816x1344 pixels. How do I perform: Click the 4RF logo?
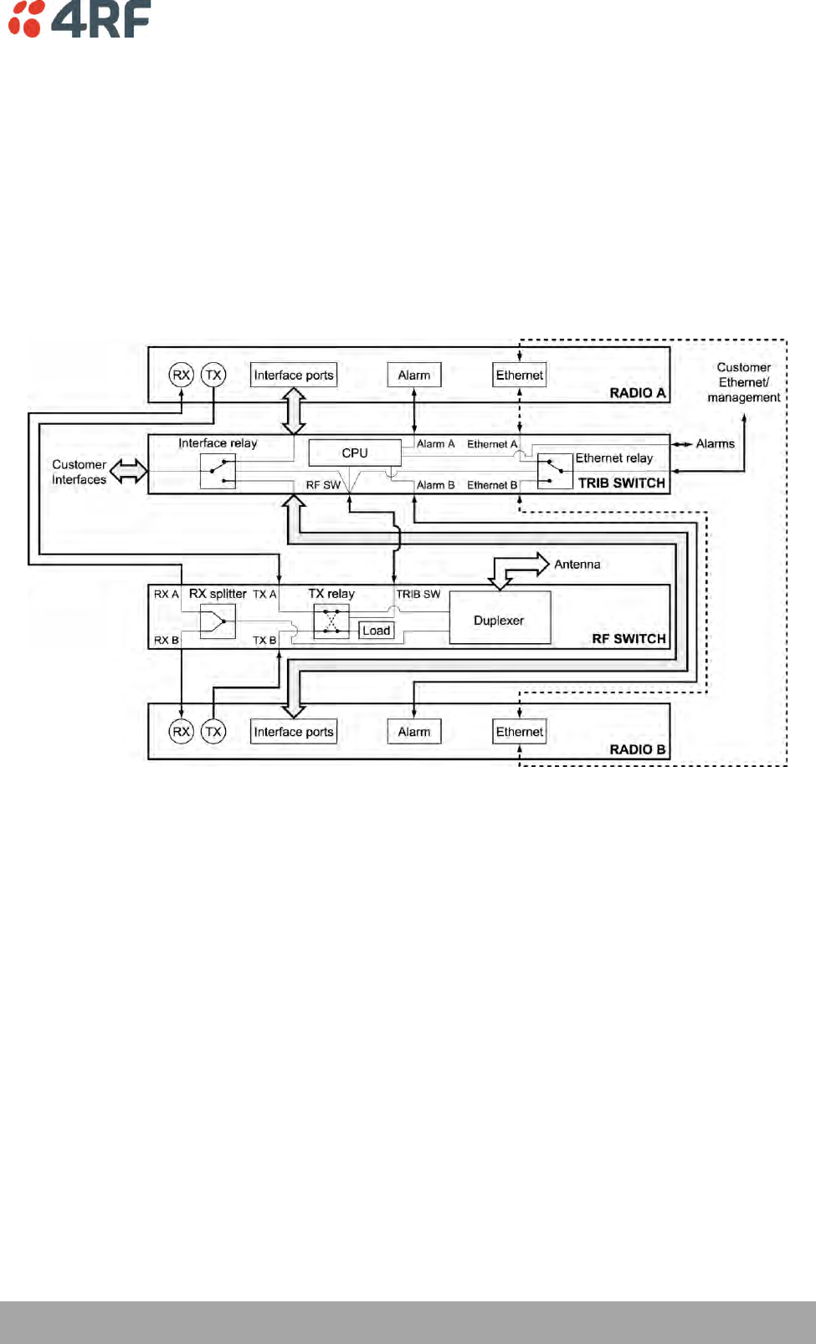pos(80,18)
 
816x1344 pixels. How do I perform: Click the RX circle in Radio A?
pos(181,375)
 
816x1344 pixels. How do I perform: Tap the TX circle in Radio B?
pos(213,732)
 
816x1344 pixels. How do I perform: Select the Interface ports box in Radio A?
pos(294,375)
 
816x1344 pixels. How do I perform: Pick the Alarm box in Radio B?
pos(414,732)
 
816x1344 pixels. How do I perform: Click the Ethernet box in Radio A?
pos(520,375)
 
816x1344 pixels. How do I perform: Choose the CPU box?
pos(355,452)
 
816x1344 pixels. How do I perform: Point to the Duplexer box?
pos(500,620)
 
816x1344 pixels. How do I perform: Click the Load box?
pos(376,631)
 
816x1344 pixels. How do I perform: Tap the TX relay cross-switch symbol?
pos(331,621)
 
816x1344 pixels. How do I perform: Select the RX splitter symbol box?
pos(218,621)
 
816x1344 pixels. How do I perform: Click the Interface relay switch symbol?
pos(218,472)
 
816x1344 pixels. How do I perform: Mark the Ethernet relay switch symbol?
pos(554,472)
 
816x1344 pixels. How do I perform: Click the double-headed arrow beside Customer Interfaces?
pos(129,471)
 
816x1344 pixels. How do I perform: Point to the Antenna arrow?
pos(519,569)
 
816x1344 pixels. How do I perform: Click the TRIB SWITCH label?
pos(621,483)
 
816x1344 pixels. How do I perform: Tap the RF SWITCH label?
pos(629,638)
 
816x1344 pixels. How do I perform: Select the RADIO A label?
pos(637,392)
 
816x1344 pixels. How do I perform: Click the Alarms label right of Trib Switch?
pos(716,443)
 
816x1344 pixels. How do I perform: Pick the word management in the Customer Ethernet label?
pos(743,397)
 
